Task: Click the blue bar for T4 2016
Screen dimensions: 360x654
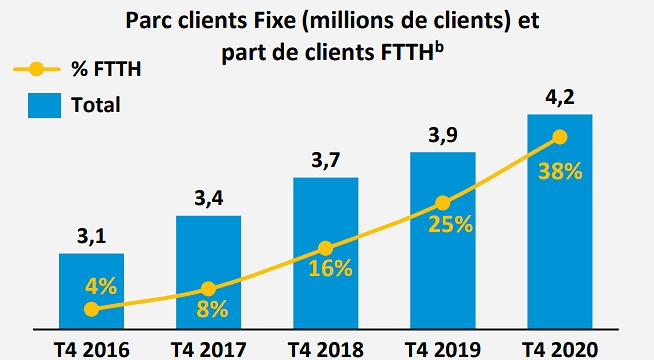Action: [92, 290]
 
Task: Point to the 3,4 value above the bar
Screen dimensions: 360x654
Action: [208, 199]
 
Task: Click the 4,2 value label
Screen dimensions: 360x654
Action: [558, 99]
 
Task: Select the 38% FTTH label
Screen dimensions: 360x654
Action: [558, 171]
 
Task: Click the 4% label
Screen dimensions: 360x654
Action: [100, 285]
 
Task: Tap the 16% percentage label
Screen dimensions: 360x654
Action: [330, 268]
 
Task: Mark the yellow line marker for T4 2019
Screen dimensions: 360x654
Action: [442, 201]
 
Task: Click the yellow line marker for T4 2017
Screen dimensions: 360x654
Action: [208, 290]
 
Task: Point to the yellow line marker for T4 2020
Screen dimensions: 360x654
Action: [559, 137]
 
